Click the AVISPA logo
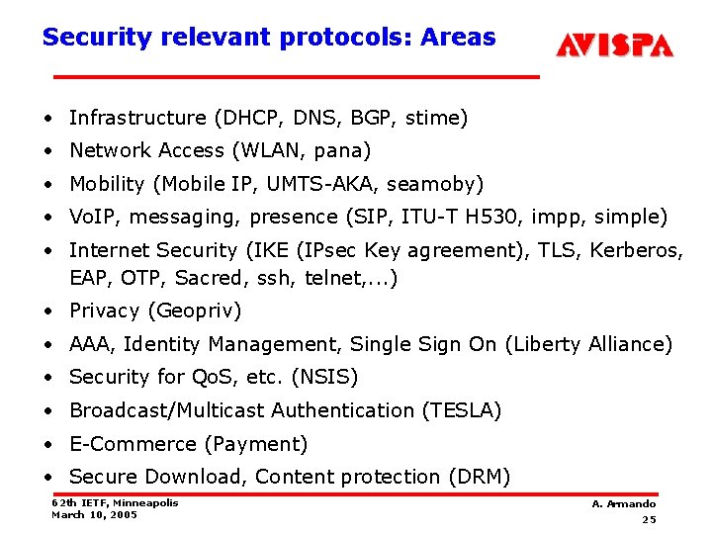pyautogui.click(x=614, y=45)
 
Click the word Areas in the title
pyautogui.click(x=458, y=38)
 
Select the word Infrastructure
pyautogui.click(x=137, y=118)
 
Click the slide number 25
pyautogui.click(x=649, y=520)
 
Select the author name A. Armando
pyautogui.click(x=623, y=504)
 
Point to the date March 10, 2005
pyautogui.click(x=94, y=514)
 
